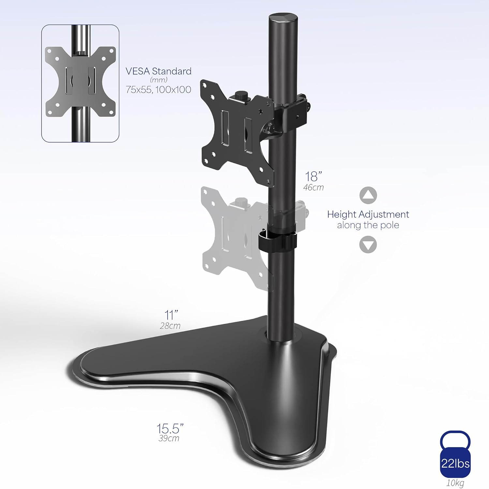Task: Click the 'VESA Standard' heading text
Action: (x=158, y=71)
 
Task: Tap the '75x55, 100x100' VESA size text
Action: (x=158, y=90)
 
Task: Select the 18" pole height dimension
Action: (x=313, y=176)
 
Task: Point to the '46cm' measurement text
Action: (x=313, y=187)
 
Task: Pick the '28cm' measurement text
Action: (x=170, y=326)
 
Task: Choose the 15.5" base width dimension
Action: (x=170, y=428)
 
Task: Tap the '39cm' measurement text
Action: (x=169, y=438)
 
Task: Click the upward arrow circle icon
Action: (x=368, y=196)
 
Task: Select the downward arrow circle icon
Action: (x=368, y=244)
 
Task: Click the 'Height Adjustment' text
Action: (x=368, y=214)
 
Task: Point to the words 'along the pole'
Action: (x=368, y=225)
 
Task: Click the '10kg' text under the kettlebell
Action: (x=455, y=483)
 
